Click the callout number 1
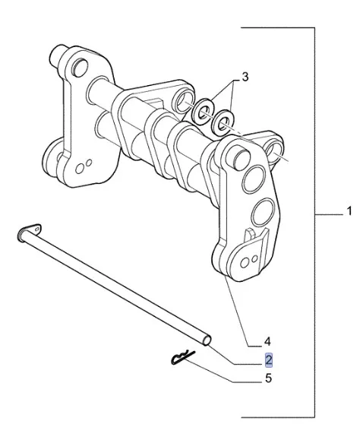tap(349, 211)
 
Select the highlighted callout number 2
tap(269, 360)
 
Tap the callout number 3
tap(245, 77)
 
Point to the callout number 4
tap(267, 342)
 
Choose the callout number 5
tap(268, 378)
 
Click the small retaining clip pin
tap(183, 358)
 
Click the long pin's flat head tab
tap(35, 228)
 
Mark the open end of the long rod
tap(207, 340)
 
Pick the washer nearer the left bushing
tap(203, 112)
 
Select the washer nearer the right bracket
tap(223, 122)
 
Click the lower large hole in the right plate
tap(263, 212)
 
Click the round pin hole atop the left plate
tap(80, 67)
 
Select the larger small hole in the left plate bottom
tap(80, 168)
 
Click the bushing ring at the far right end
tap(275, 150)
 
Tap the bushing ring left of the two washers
tap(184, 101)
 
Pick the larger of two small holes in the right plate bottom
tap(245, 263)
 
